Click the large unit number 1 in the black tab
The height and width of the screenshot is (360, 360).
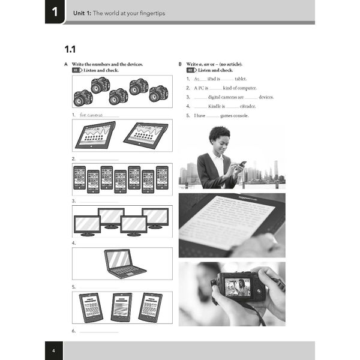pyautogui.click(x=55, y=11)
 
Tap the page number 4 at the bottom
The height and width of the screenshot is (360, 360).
pyautogui.click(x=53, y=350)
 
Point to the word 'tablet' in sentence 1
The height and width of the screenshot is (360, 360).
pyautogui.click(x=240, y=79)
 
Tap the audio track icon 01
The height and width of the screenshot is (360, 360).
pyautogui.click(x=77, y=70)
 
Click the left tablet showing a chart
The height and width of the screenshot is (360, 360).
pyautogui.click(x=95, y=135)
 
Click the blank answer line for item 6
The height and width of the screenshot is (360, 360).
pyautogui.click(x=99, y=331)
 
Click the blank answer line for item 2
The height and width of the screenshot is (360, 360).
pyautogui.click(x=99, y=159)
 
